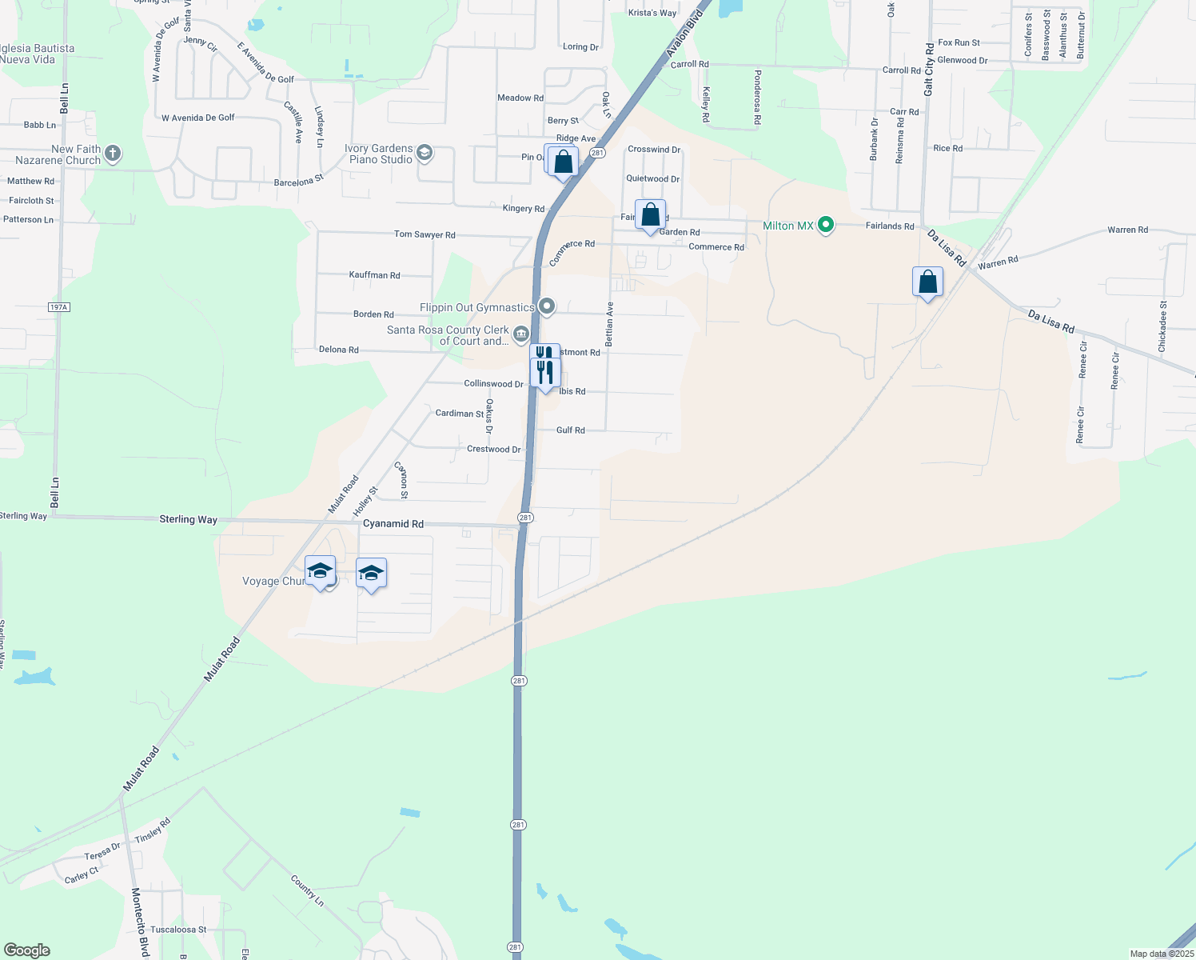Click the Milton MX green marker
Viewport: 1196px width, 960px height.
coord(826,226)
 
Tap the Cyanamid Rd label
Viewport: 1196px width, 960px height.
coord(393,524)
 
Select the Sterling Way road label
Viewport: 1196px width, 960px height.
coord(188,519)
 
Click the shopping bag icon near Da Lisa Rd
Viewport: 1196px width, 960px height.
coord(927,282)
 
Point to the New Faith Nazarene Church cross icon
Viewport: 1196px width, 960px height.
coord(113,154)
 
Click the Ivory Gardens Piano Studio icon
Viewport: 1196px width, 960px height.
coord(425,153)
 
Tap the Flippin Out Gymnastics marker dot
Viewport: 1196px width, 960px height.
coord(547,306)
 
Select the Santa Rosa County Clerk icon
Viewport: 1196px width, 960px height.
coord(521,333)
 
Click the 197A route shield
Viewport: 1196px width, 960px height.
coord(59,307)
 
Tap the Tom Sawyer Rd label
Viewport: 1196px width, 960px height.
coord(425,234)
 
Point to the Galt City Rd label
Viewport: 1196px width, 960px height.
coord(929,70)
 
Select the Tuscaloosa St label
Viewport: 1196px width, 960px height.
coord(178,930)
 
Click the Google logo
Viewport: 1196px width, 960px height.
coord(27,950)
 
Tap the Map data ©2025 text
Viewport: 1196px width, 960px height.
coord(1161,954)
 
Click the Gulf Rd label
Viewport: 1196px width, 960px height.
coord(571,430)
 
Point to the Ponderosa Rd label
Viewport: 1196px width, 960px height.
coord(757,97)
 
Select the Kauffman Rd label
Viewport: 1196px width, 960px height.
coord(374,275)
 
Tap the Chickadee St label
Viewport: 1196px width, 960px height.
coord(1162,326)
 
